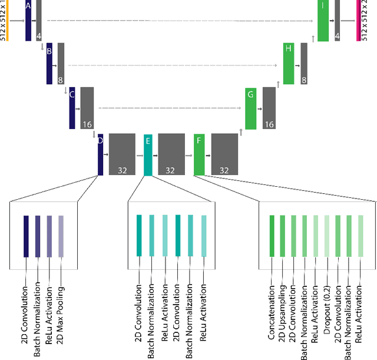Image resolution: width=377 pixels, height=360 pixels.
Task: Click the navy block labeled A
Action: tap(28, 21)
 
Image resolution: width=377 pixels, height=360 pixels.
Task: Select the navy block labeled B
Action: tap(49, 63)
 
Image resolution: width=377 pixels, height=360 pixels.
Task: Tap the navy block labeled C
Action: tap(72, 108)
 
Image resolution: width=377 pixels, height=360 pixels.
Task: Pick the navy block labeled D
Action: tap(101, 154)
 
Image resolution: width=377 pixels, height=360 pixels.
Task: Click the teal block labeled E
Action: tap(148, 154)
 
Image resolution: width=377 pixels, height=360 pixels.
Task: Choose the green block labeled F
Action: tap(199, 154)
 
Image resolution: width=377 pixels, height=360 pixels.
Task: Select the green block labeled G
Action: tap(250, 108)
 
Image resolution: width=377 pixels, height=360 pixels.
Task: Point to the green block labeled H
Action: tap(288, 63)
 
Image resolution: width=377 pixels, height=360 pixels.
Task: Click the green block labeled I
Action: tap(323, 21)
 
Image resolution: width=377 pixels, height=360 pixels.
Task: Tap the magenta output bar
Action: tap(358, 21)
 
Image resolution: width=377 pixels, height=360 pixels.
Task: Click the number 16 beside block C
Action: tap(87, 125)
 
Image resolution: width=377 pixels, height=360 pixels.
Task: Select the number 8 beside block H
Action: tap(304, 80)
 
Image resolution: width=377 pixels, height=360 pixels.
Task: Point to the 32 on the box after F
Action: tap(224, 170)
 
